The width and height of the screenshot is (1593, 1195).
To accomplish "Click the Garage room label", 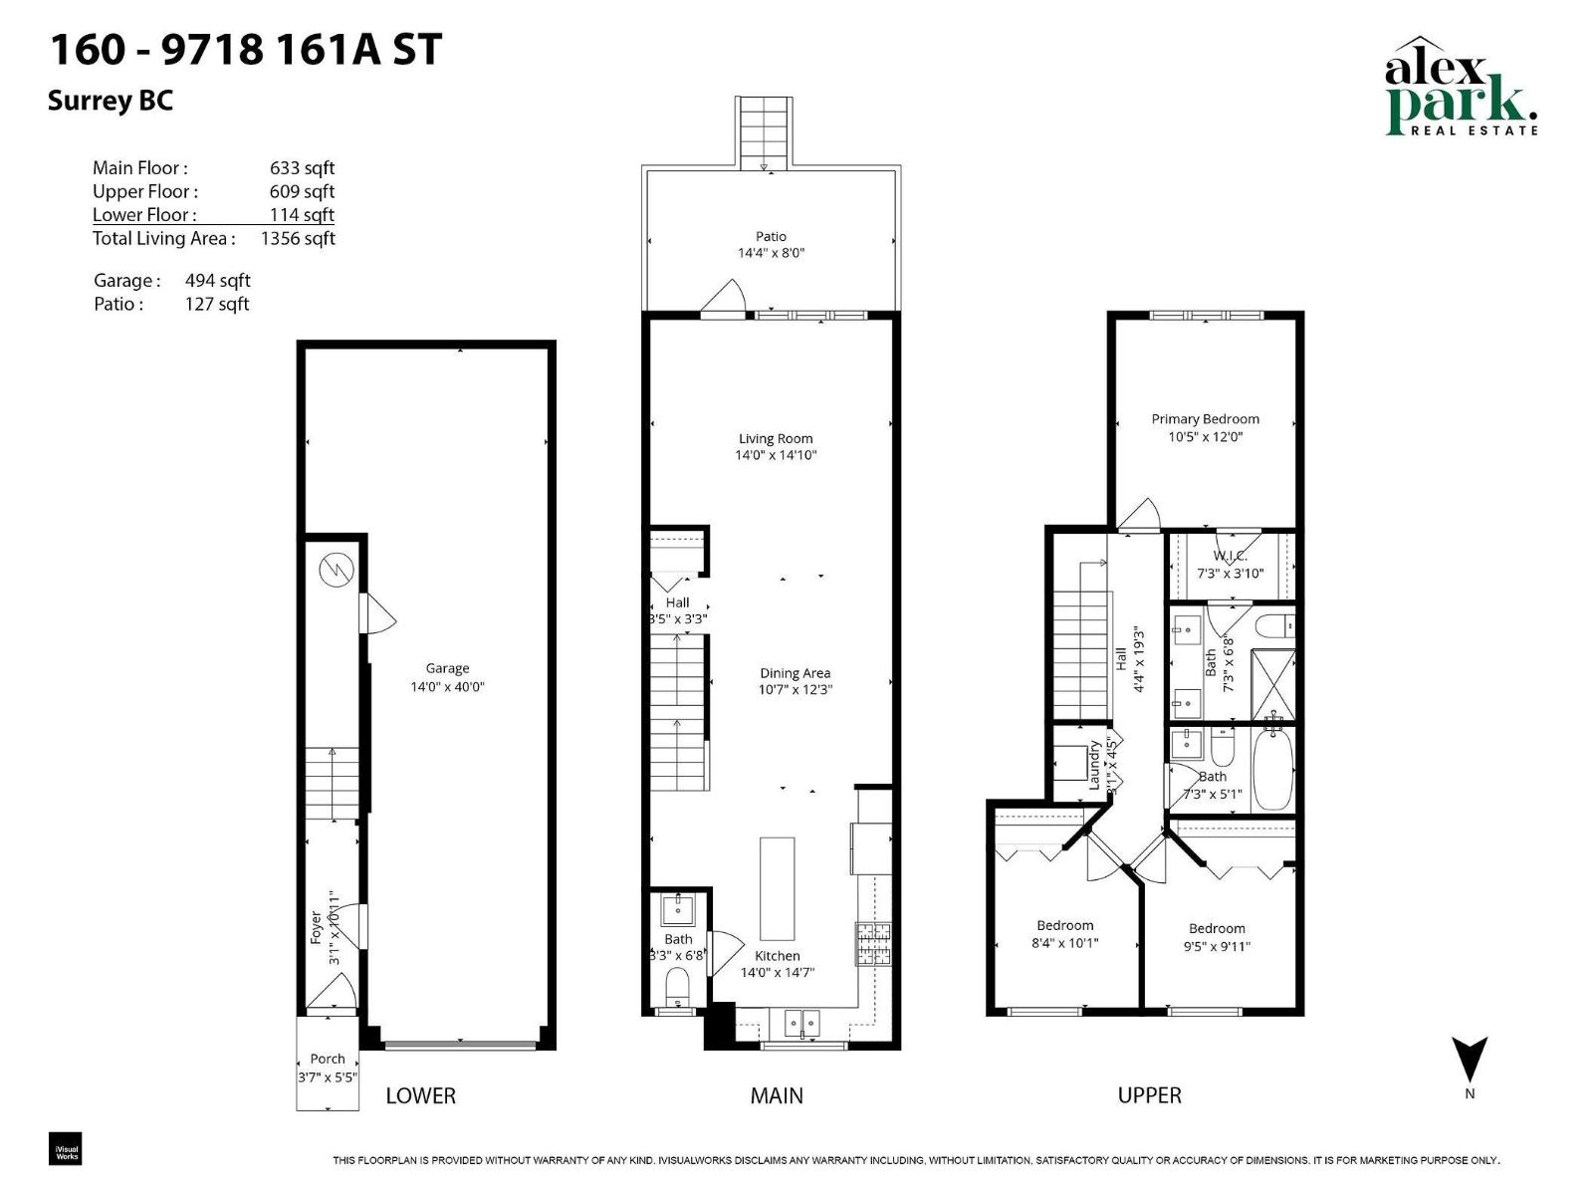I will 447,668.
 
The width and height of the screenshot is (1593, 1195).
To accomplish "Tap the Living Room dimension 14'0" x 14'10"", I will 776,455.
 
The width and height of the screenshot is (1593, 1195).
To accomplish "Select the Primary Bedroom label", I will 1205,419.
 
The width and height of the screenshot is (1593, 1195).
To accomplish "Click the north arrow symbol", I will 1470,1060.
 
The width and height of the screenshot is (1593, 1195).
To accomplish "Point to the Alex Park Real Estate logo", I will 1461,88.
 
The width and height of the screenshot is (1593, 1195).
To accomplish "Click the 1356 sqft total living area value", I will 297,238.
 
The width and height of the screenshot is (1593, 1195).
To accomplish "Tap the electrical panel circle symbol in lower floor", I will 337,570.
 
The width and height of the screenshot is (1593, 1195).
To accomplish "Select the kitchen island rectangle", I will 778,888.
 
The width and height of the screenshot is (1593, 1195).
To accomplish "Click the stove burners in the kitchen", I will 873,944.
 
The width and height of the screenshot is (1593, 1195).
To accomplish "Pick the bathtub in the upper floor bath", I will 1272,768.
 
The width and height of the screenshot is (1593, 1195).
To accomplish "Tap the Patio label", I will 771,236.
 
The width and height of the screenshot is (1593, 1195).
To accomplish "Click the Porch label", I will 328,1059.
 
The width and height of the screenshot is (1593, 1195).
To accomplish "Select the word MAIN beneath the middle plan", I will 777,1095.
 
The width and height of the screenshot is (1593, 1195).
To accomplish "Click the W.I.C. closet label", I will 1230,556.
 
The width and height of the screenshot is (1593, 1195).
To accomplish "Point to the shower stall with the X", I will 1272,684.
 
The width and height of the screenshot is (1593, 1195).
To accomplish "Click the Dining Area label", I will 795,673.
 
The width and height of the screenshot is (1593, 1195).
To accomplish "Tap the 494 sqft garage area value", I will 217,281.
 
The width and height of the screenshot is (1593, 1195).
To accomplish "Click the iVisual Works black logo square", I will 66,1149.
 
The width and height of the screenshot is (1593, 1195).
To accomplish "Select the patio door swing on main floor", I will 726,298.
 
